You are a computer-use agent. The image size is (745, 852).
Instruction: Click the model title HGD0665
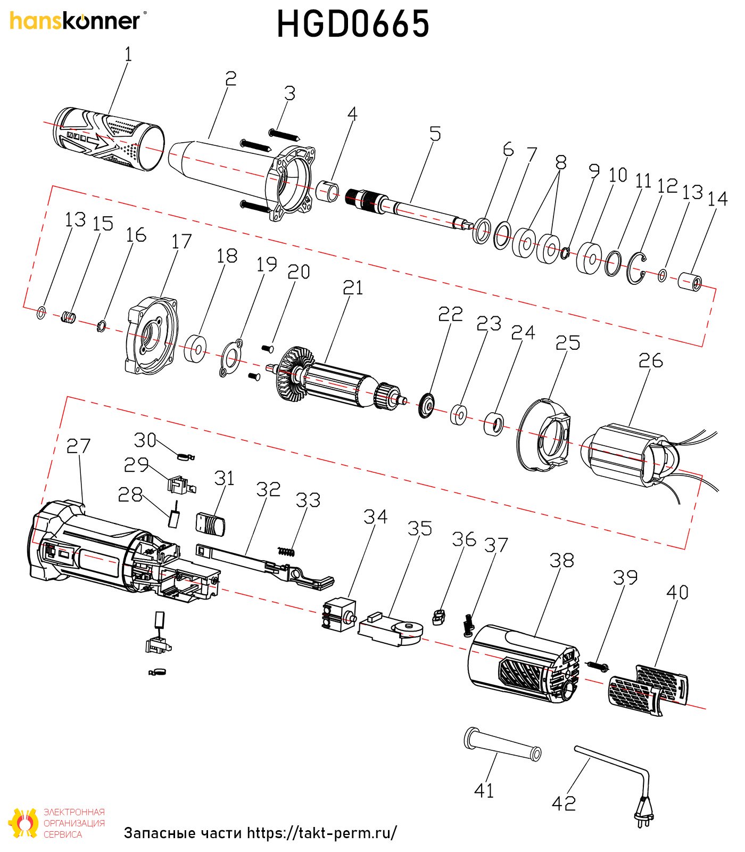point(353,24)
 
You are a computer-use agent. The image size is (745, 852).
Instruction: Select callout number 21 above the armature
point(353,288)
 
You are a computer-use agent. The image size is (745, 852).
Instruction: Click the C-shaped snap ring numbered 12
point(636,268)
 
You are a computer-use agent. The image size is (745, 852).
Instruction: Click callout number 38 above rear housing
point(561,560)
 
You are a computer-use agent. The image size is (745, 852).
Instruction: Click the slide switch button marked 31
point(211,523)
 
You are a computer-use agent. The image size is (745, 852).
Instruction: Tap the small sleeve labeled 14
point(690,281)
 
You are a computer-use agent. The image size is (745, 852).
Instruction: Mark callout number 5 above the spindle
point(435,134)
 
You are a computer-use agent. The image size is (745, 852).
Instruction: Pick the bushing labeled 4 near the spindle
point(328,191)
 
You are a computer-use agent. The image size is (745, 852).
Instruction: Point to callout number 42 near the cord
point(564,803)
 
